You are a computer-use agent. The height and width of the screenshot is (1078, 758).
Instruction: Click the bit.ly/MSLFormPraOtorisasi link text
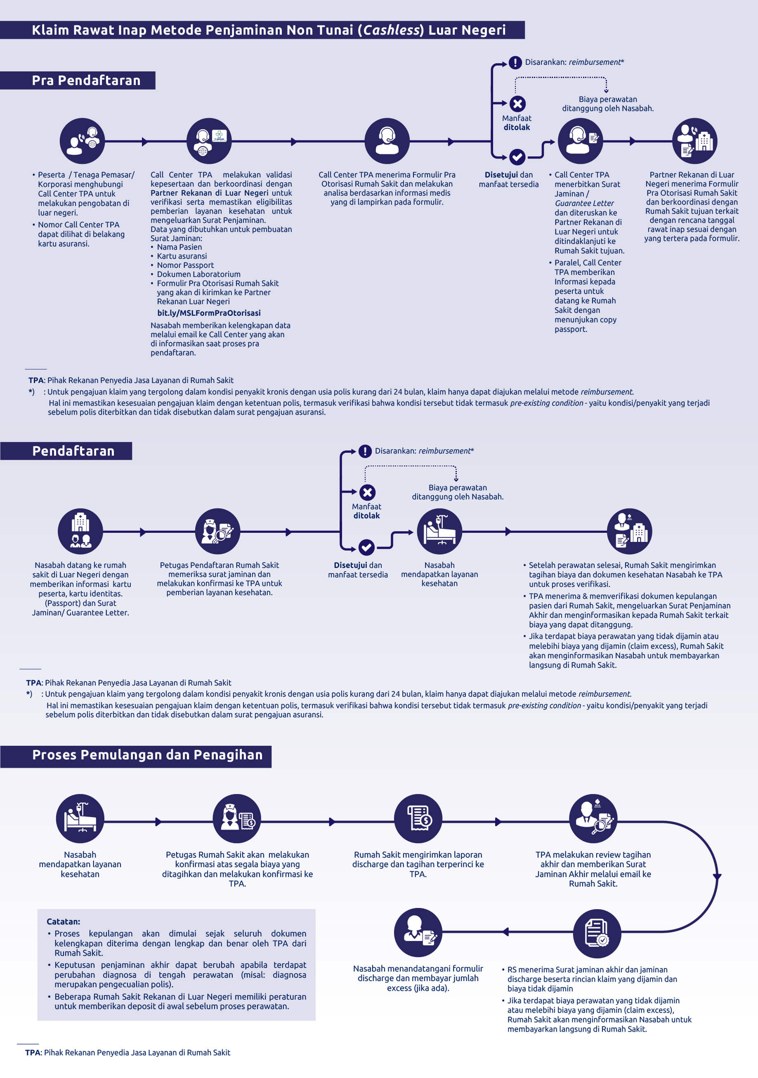point(209,313)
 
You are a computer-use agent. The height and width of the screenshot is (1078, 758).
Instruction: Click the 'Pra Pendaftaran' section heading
point(86,80)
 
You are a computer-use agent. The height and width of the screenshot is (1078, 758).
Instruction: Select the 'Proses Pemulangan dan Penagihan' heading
point(147,754)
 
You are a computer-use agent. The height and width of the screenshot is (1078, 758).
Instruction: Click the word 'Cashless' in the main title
point(391,30)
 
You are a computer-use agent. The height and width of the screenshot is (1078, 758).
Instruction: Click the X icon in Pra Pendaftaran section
point(517,104)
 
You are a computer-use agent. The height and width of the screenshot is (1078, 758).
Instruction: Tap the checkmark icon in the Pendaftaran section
point(366,547)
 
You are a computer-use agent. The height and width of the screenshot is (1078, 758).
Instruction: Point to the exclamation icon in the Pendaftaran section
point(365,451)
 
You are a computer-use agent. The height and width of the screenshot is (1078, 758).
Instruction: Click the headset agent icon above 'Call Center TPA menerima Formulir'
point(387,141)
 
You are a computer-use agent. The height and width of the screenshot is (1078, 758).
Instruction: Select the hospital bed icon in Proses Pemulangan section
point(80,818)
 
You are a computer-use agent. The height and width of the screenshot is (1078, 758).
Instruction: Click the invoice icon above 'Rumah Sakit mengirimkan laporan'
point(418,818)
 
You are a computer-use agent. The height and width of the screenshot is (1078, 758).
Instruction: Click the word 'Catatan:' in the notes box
point(64,921)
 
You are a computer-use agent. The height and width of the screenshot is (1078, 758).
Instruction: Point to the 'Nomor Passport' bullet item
point(185,265)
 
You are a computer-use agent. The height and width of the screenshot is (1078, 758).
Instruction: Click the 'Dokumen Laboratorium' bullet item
point(198,274)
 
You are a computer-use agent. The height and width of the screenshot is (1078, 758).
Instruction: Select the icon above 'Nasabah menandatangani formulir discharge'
point(418,932)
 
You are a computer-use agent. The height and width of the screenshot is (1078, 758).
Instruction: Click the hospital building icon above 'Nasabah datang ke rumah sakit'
point(80,531)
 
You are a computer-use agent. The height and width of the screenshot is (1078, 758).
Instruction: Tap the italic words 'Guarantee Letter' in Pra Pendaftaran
point(584,203)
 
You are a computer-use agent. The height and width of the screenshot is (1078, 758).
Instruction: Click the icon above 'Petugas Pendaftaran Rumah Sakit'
point(218,531)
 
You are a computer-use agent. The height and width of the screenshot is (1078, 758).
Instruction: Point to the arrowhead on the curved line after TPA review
point(717,877)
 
